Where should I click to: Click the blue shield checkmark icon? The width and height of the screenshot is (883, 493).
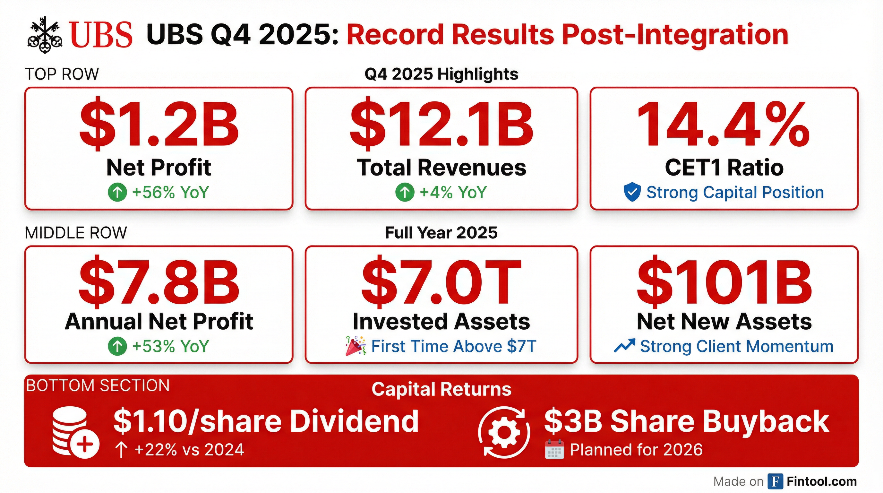point(632,192)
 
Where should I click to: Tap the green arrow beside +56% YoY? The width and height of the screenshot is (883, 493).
point(117,192)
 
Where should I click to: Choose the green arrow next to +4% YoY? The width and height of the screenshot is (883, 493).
point(405,192)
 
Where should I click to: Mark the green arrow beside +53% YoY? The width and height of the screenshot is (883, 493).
point(117,346)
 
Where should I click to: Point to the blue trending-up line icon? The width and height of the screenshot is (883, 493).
point(624,346)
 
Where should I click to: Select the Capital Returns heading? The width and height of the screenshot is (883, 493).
point(441,389)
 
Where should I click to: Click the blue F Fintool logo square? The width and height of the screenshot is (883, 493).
point(776,481)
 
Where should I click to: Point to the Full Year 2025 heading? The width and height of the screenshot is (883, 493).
point(441,232)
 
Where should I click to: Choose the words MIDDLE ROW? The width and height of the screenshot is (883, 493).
point(76,233)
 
